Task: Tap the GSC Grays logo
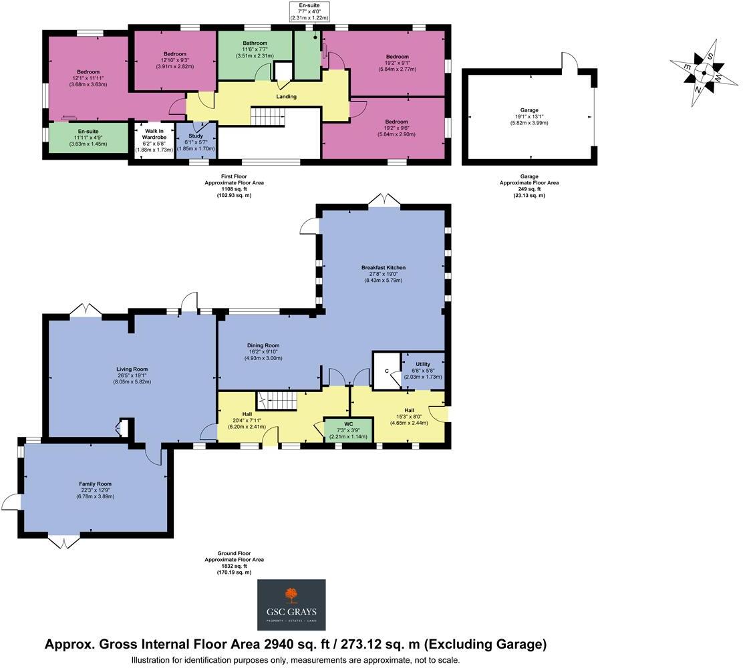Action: click(291, 604)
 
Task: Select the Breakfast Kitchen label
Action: click(384, 267)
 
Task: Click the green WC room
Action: click(348, 429)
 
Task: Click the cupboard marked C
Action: click(386, 371)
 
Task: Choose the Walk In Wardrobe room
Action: click(154, 141)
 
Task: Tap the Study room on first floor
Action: click(195, 142)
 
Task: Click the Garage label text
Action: click(529, 110)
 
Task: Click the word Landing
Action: click(287, 97)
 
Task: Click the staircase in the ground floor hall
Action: click(280, 401)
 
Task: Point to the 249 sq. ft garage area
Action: click(529, 189)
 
